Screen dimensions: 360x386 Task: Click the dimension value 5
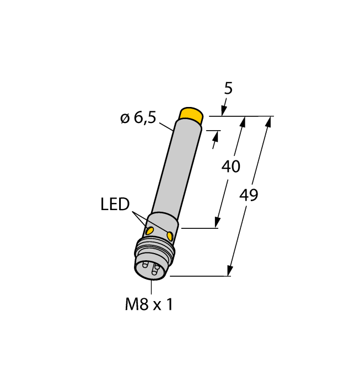pos(228,89)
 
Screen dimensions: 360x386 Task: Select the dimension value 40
pos(230,167)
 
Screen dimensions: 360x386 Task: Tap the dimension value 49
pos(249,195)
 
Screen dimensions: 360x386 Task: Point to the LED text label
pos(115,204)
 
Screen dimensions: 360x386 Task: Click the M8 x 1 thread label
pos(149,304)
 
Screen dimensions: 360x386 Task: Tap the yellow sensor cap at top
pos(191,115)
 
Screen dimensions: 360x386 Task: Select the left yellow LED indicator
pos(149,231)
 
